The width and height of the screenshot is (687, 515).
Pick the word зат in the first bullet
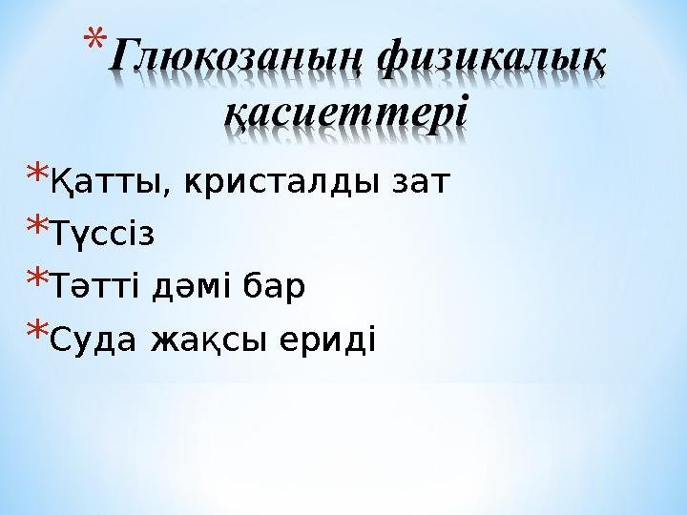(x=421, y=181)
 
